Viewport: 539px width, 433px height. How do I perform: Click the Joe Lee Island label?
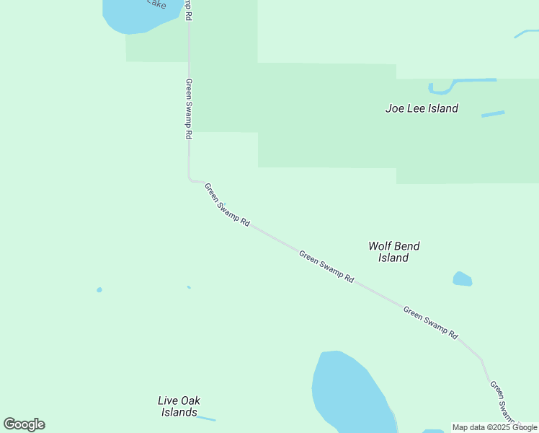click(422, 109)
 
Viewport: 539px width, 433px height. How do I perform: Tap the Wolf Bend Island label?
click(393, 252)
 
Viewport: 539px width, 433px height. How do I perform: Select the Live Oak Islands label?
click(179, 406)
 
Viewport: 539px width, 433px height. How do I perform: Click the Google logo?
click(24, 424)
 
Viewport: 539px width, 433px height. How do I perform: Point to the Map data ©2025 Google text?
click(494, 427)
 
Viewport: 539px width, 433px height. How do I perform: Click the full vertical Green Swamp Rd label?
click(189, 108)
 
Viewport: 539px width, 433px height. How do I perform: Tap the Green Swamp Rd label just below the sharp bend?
click(226, 206)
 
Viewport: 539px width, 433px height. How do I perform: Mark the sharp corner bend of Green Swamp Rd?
click(190, 179)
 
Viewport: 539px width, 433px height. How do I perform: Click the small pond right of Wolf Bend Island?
click(462, 279)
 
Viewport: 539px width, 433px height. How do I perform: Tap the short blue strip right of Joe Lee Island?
click(493, 114)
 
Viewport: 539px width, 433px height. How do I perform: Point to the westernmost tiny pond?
click(99, 290)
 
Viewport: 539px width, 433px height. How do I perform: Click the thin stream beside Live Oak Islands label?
click(206, 418)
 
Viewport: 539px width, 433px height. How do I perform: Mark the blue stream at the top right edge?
click(526, 33)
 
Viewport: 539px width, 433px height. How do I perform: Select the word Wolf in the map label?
click(380, 246)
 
